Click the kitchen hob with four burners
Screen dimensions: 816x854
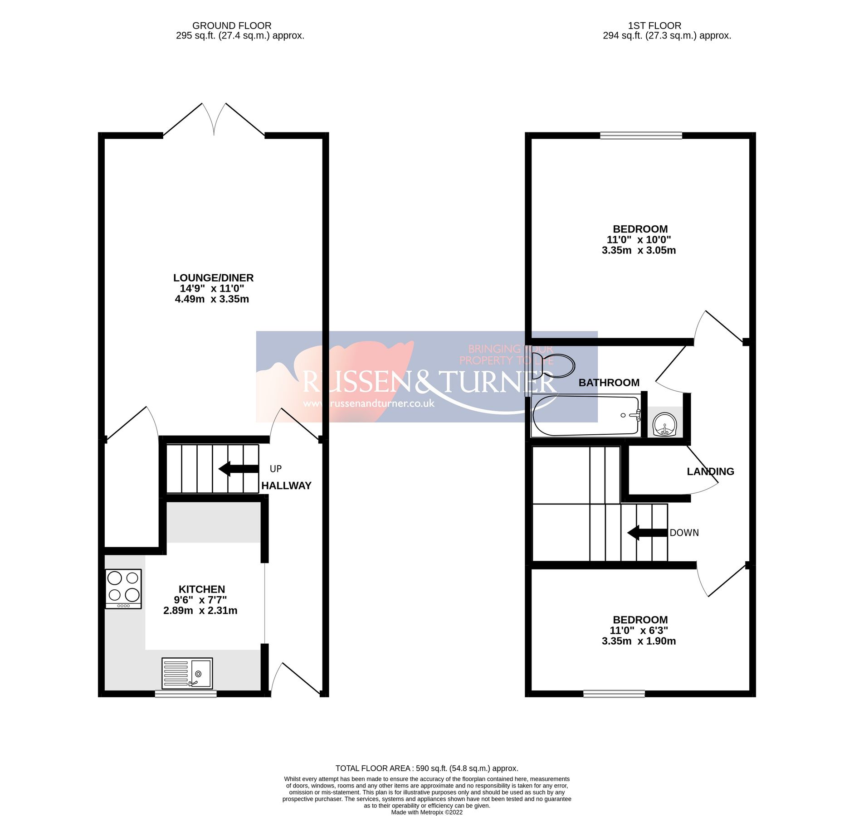(x=123, y=588)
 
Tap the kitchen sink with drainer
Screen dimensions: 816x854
(x=187, y=673)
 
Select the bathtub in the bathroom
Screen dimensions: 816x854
(x=586, y=415)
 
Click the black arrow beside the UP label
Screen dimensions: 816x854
(x=238, y=469)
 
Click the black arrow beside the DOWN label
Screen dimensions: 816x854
(x=647, y=533)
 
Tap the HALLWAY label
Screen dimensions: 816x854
(x=286, y=486)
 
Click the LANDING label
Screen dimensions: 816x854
(x=710, y=471)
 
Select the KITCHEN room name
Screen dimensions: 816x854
(x=202, y=589)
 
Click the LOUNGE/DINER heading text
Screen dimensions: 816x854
(x=213, y=277)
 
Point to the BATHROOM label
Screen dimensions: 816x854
(x=609, y=383)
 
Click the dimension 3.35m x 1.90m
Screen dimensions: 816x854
(x=639, y=641)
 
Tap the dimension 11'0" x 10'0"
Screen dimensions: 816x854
(x=639, y=240)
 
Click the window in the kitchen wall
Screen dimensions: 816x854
(x=185, y=694)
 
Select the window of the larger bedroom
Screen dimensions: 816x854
(x=640, y=135)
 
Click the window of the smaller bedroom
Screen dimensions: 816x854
(x=614, y=694)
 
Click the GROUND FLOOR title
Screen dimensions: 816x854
(x=232, y=26)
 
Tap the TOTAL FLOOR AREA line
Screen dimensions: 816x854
(x=426, y=768)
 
